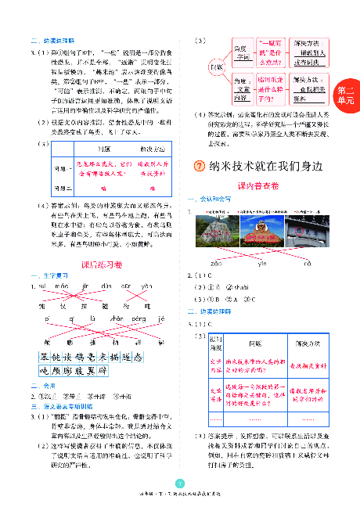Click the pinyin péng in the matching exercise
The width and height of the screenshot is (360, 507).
(140, 320)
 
